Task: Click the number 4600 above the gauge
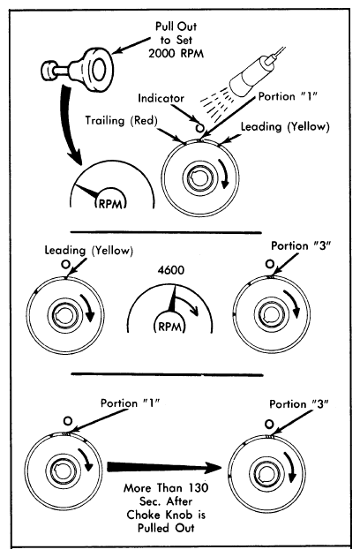coord(171,270)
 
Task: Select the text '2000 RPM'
coord(176,53)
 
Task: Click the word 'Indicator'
coord(161,98)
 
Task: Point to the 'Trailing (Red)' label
coord(121,121)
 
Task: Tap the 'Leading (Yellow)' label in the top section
coord(285,127)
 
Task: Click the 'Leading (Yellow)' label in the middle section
coord(89,251)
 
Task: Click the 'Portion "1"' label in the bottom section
coord(131,403)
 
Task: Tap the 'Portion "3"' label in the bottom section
coord(298,404)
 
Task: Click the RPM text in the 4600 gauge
coord(169,326)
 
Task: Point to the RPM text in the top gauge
coord(111,204)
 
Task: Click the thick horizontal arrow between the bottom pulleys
coord(166,467)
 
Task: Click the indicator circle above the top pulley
coord(199,127)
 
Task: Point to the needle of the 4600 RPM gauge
coord(173,298)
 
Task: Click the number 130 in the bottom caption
coord(199,487)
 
